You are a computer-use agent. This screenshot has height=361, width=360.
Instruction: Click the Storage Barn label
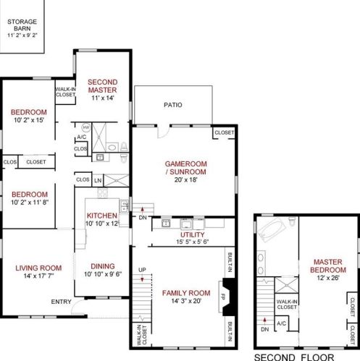pos(22,25)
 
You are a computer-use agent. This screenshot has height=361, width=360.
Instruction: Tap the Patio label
pos(173,105)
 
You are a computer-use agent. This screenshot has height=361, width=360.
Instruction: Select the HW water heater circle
pos(86,127)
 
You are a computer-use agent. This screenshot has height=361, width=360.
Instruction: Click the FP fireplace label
pos(222,297)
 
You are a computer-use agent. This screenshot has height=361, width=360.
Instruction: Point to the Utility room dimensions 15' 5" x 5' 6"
pos(193,242)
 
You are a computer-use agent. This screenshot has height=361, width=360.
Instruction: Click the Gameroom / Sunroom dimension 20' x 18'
pos(185,179)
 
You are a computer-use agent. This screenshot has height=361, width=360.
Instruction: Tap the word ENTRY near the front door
pos(61,302)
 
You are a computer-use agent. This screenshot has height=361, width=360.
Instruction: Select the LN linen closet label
pos(98,181)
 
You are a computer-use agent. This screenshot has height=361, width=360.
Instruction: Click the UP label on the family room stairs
pos(142,270)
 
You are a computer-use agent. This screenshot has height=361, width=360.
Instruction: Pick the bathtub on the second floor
pos(272,229)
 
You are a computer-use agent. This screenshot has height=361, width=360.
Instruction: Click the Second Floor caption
pos(294,357)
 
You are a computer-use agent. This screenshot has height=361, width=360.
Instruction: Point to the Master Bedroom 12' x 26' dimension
pos(328,278)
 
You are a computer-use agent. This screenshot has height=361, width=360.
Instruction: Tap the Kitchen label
pos(102,216)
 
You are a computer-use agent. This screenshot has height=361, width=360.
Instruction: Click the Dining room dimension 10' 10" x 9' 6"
pos(103,274)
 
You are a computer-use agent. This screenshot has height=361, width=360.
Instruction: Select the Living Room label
pos(38,268)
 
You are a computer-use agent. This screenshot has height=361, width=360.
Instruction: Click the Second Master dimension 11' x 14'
pos(103,98)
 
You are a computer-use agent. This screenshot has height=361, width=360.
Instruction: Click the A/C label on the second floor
pos(281,323)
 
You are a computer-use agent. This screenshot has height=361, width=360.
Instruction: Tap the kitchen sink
pos(124,206)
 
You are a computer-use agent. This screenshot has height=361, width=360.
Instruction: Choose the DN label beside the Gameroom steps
pos(143,218)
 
